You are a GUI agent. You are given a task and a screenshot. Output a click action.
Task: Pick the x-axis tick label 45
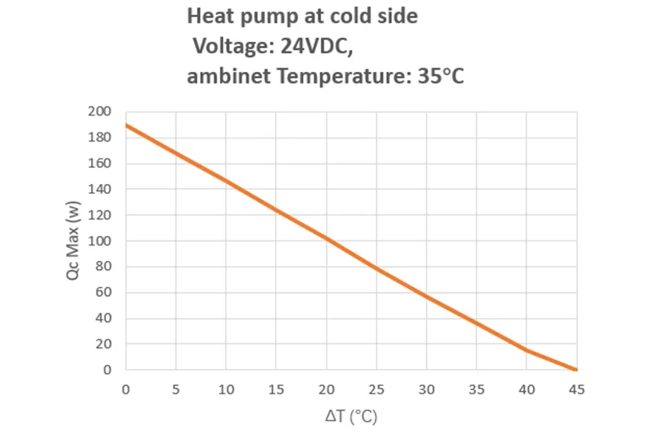coord(576,389)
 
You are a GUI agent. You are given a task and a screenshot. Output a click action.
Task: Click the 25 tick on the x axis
coord(376,389)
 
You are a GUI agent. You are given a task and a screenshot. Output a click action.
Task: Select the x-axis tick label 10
coord(226,389)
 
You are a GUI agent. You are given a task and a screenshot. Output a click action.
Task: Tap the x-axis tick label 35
coord(477,389)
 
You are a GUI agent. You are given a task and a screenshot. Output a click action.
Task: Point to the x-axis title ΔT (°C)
coord(351,416)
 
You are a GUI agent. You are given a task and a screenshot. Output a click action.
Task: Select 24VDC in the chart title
coord(310,47)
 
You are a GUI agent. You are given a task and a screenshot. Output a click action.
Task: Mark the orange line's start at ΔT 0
coord(126,125)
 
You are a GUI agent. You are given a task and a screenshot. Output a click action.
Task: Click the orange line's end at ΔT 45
coord(576,370)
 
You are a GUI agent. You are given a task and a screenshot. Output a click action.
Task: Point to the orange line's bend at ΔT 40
coord(526,351)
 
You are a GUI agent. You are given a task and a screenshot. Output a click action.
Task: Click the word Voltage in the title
coord(229,47)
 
